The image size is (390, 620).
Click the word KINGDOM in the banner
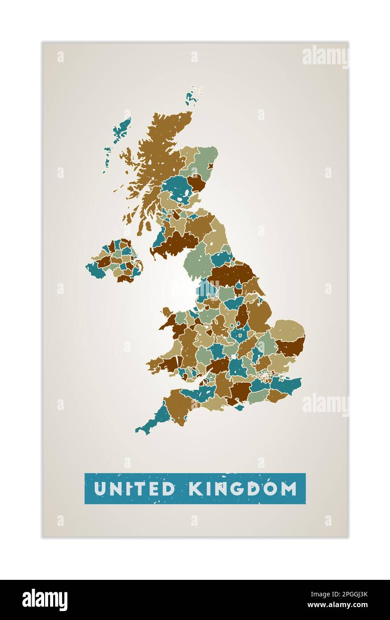pos(243,488)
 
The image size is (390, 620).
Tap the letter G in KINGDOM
pos(241,488)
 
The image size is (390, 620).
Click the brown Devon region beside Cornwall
pos(178,406)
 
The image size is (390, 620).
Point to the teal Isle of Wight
pos(240,407)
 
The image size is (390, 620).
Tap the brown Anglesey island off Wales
pos(166,311)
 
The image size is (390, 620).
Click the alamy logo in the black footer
pos(45,600)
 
